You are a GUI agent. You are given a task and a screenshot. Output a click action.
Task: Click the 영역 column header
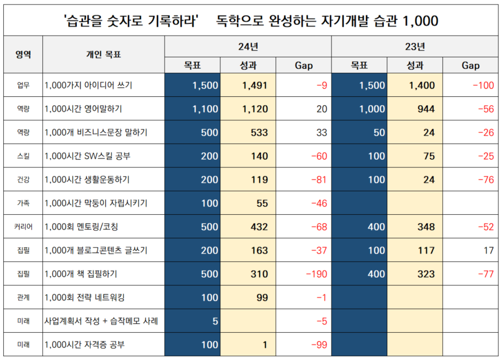(23, 54)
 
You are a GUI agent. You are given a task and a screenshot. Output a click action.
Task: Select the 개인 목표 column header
(103, 54)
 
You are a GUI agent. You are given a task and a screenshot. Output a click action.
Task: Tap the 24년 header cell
(248, 46)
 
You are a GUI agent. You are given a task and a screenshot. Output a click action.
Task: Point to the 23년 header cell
(414, 46)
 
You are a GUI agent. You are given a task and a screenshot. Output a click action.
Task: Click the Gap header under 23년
(470, 66)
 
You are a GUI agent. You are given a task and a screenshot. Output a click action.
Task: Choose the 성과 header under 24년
(248, 66)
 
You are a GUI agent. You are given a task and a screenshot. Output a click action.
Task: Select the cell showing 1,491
(255, 86)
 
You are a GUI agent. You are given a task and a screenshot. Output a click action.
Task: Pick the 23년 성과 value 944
(426, 110)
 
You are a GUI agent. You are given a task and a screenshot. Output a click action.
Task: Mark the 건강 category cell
(23, 180)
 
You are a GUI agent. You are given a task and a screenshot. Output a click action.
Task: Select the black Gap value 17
(488, 251)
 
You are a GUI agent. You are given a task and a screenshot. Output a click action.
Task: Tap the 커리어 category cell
(23, 227)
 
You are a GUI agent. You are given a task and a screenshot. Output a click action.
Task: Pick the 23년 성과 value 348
(426, 227)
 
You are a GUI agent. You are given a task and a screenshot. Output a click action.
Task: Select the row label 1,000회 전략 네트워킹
(85, 298)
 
